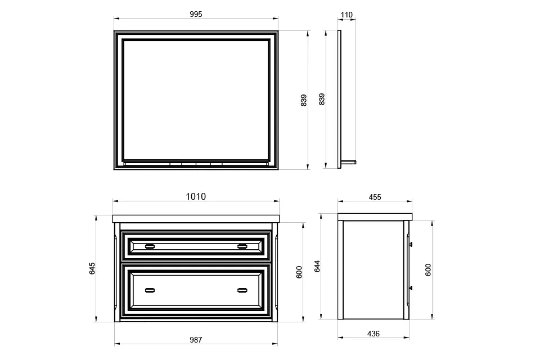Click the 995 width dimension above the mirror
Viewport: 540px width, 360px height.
tap(196, 15)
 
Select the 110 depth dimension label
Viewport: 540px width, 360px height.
tap(346, 15)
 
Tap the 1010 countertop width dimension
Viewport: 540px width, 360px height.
tap(196, 196)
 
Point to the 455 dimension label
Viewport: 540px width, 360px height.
tap(375, 197)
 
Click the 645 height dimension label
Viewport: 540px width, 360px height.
tap(92, 268)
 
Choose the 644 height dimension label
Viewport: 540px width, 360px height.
tap(317, 266)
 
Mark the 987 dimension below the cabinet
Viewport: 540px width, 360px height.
tap(196, 340)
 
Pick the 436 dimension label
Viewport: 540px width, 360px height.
tap(373, 334)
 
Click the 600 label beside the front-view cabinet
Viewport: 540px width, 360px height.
tap(299, 272)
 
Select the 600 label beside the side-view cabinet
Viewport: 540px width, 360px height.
tap(427, 270)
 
